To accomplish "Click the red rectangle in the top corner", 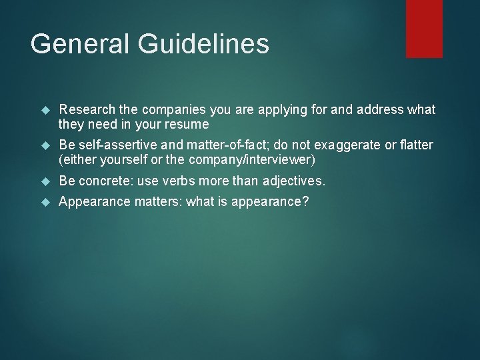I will (x=424, y=28).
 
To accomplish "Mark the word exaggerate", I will (x=347, y=145).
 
